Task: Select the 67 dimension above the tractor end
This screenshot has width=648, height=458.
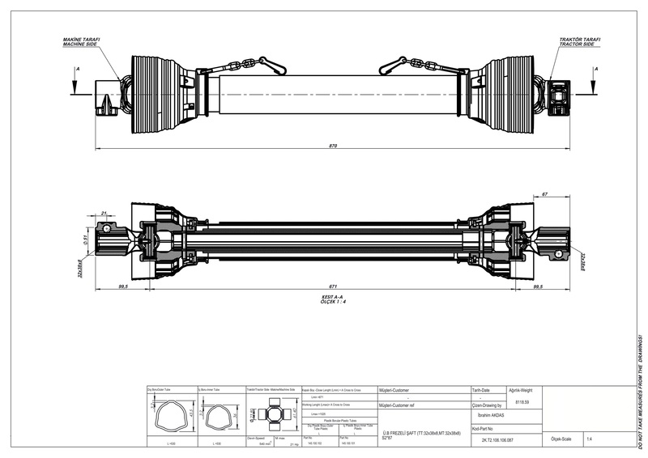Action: [546, 195]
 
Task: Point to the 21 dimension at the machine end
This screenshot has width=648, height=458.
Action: [104, 214]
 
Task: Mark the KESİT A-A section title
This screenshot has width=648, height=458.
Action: [333, 299]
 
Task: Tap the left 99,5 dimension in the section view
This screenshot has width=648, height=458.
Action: [124, 286]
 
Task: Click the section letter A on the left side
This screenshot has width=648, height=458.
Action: [77, 70]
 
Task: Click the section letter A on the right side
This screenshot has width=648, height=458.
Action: [596, 70]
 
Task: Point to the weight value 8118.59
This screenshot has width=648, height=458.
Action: [522, 402]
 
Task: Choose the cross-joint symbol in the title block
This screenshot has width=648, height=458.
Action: [272, 415]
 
